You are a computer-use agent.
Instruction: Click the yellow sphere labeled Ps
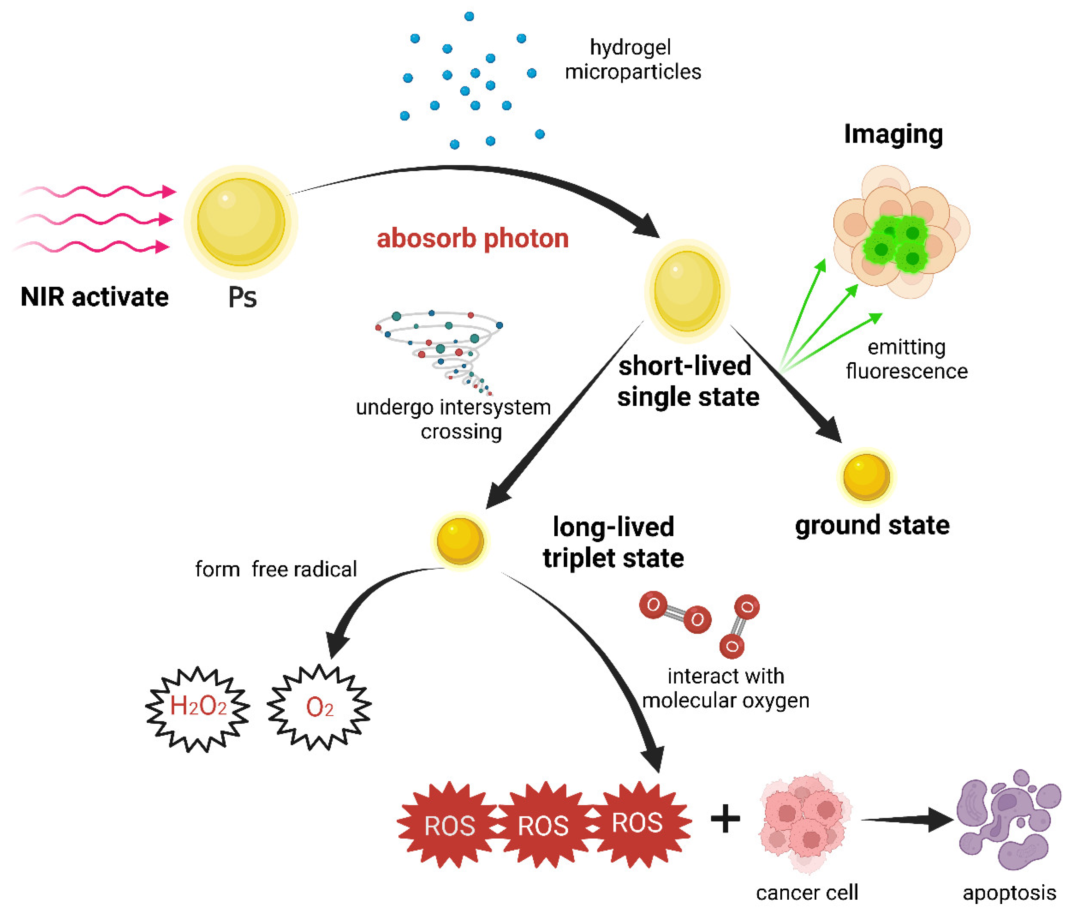[x=241, y=222]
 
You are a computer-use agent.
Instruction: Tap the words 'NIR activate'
[x=94, y=297]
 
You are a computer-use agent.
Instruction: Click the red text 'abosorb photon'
[x=472, y=239]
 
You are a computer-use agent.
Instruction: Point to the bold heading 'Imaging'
[x=893, y=134]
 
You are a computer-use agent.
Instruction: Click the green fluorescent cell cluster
[x=896, y=242]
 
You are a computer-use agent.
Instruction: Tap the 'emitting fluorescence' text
[x=907, y=359]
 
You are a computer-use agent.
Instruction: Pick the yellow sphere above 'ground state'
[x=866, y=477]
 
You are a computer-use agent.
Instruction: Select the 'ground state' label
[x=872, y=525]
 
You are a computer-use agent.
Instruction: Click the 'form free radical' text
[x=276, y=569]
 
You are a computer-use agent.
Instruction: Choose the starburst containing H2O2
[x=198, y=707]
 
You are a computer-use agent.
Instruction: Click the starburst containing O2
[x=320, y=706]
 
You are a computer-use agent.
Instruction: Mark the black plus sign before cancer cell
[x=725, y=818]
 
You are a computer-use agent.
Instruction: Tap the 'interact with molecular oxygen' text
[x=726, y=688]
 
